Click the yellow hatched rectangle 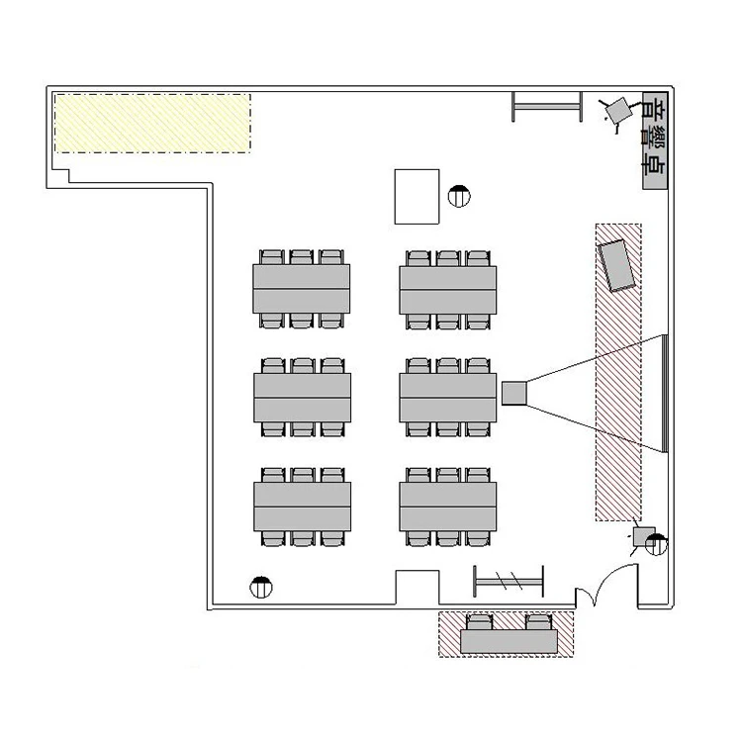152,123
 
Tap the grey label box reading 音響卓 655,141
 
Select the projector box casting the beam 513,393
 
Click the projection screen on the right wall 665,393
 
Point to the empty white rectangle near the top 417,197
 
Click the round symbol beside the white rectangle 459,196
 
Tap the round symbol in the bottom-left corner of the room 261,588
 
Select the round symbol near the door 656,545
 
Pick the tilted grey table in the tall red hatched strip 616,265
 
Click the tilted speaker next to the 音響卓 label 618,110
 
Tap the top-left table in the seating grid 302,289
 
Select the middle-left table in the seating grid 303,398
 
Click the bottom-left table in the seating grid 303,507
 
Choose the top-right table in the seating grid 447,290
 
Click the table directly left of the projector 447,398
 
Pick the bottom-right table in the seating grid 447,507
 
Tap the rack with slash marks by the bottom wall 509,581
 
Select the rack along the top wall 547,107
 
